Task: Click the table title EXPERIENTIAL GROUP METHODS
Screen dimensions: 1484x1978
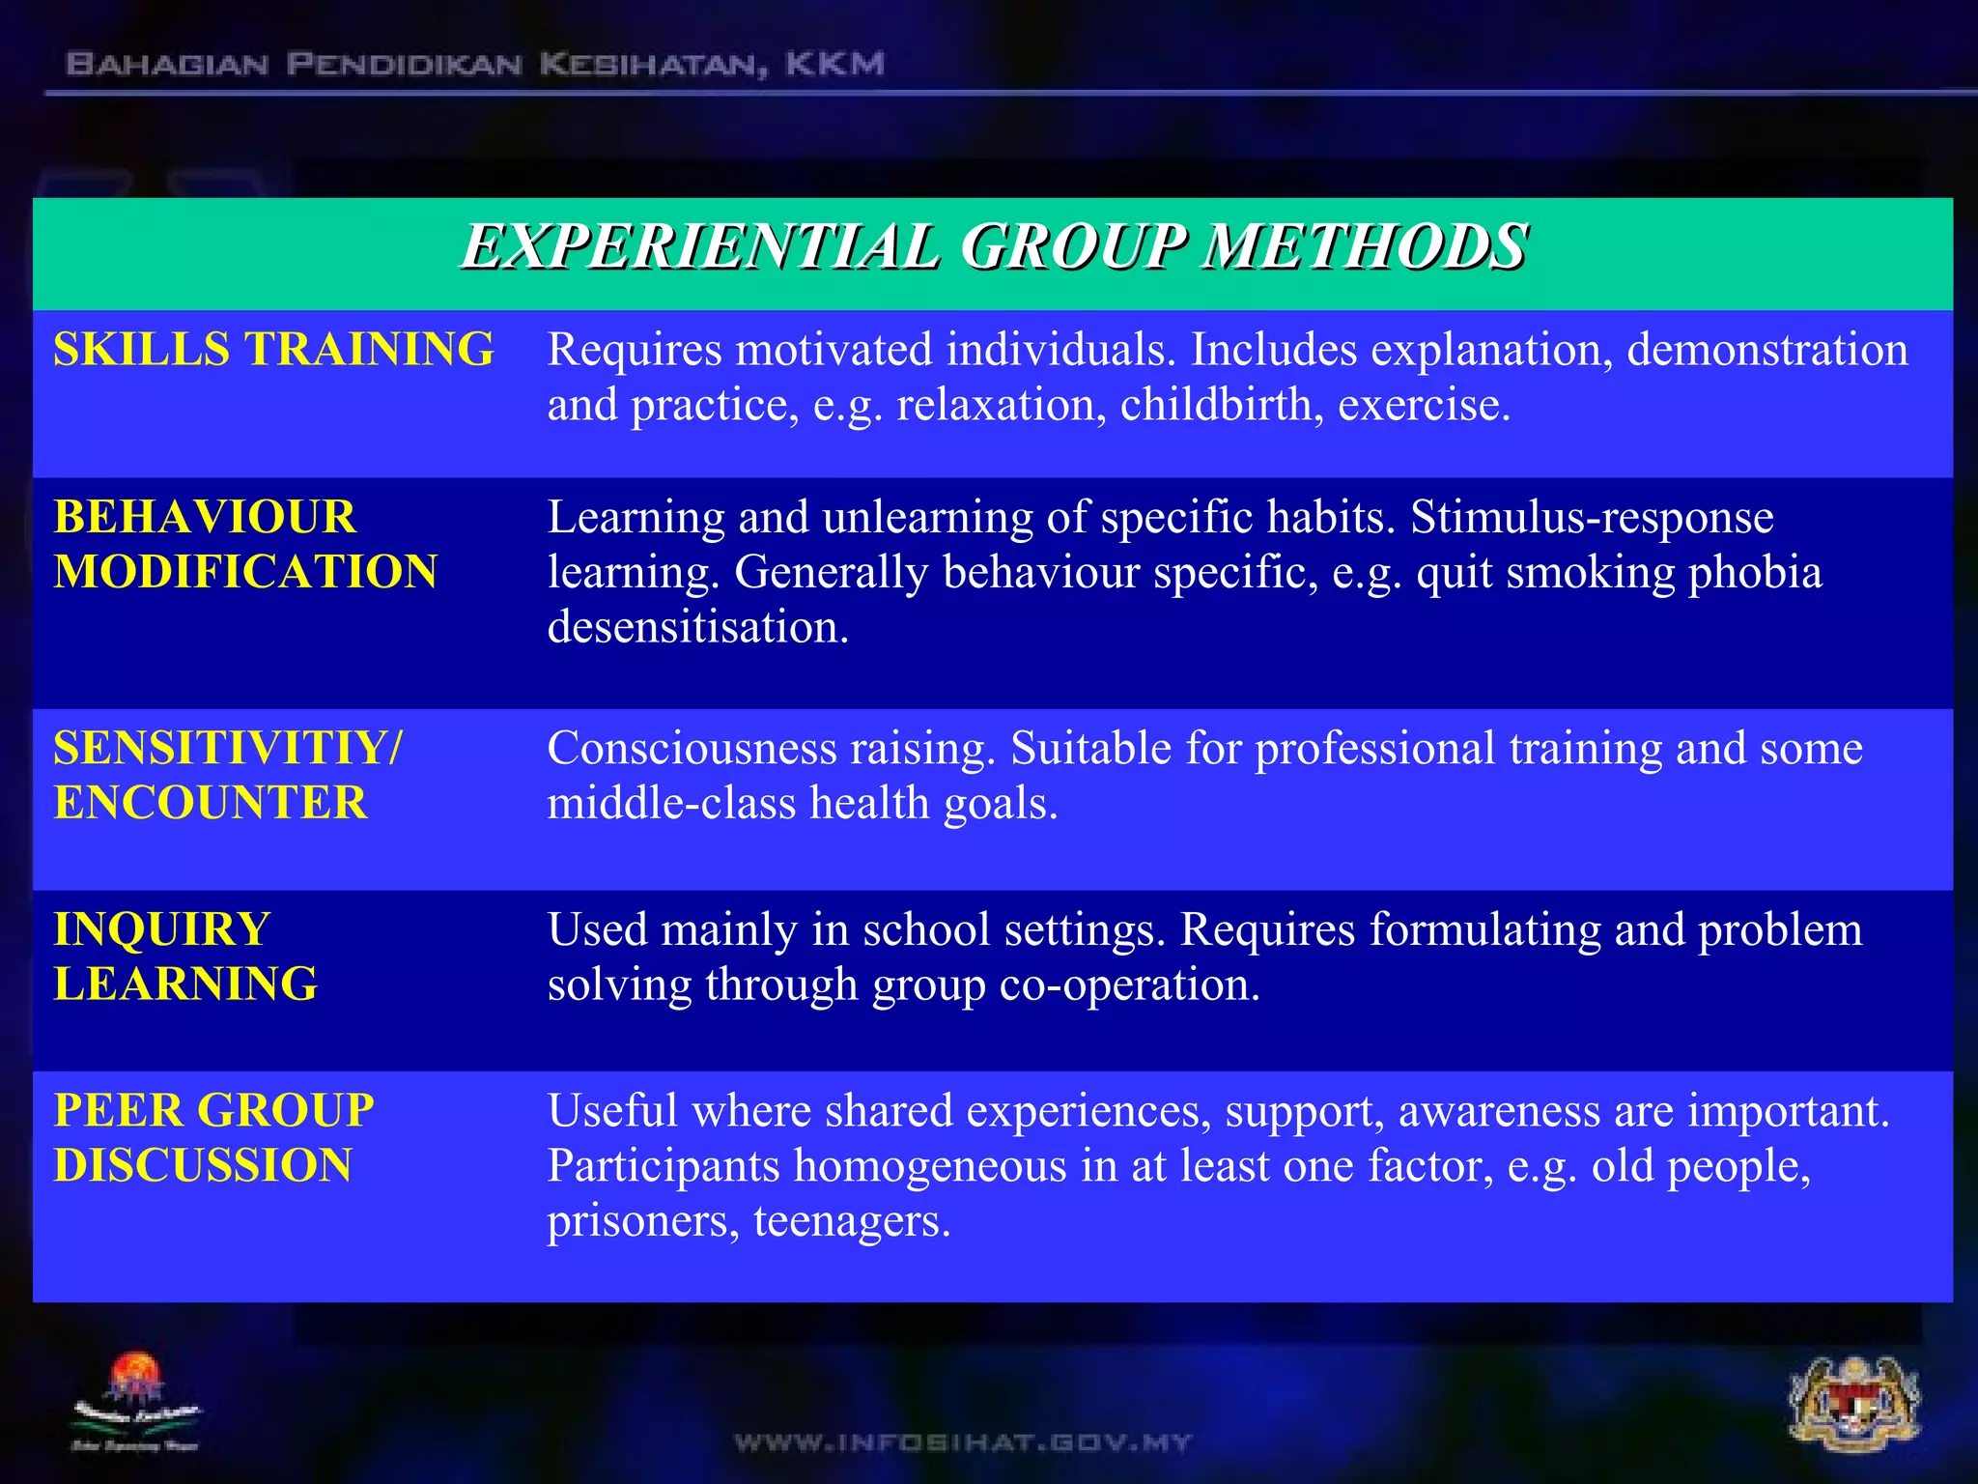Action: (993, 246)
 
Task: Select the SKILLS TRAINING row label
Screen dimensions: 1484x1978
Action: (273, 350)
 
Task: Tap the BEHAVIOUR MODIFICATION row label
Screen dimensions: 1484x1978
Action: (245, 544)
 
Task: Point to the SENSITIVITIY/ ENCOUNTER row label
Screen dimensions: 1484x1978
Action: (228, 775)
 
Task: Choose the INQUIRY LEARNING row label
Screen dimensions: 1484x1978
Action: (185, 956)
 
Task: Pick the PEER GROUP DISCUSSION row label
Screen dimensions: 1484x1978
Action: (213, 1137)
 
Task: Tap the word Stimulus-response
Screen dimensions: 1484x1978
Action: (1592, 517)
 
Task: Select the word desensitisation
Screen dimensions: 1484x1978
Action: (697, 628)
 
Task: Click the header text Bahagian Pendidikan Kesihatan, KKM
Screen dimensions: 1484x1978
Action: (474, 65)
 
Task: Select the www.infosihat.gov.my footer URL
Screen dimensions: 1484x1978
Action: (963, 1442)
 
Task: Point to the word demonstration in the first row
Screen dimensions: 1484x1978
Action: (1766, 350)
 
